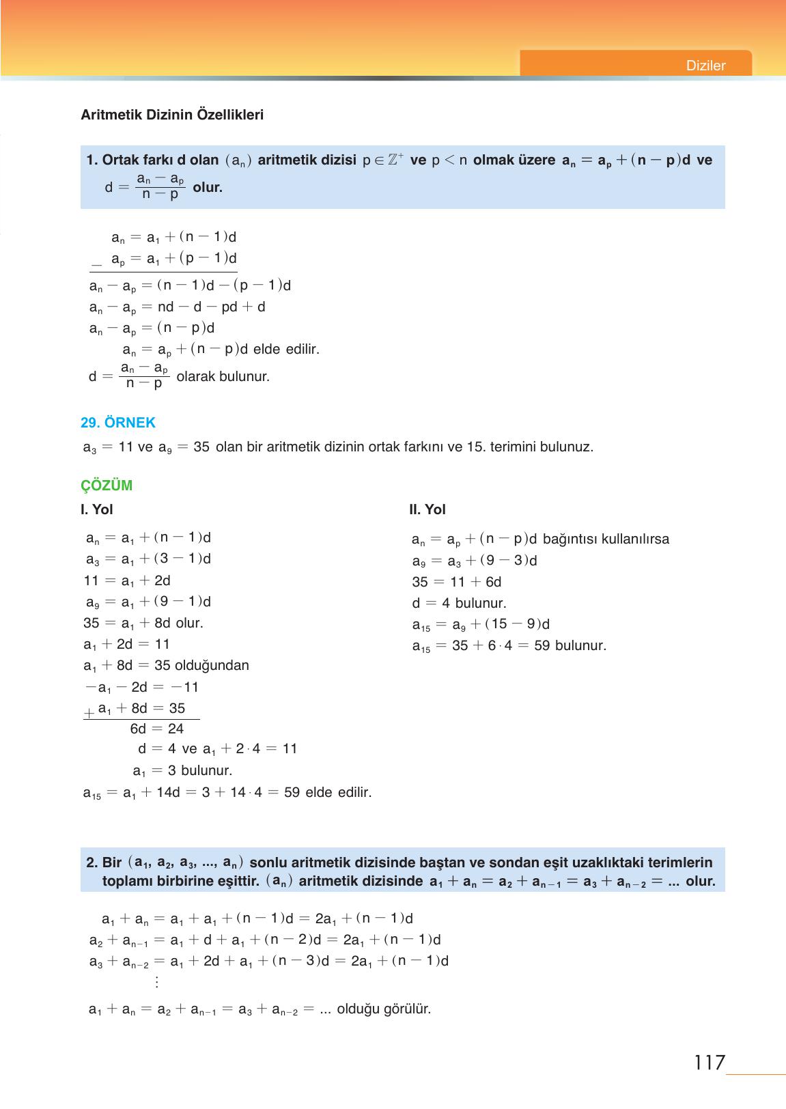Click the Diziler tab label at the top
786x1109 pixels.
coord(705,66)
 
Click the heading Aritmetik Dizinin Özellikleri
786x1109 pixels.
coord(172,115)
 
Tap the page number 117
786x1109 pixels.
coord(709,1063)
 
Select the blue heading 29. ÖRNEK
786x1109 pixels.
coord(118,423)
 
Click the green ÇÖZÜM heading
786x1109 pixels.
coord(107,486)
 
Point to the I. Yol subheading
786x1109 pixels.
coord(97,509)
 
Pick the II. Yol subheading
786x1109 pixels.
coord(427,509)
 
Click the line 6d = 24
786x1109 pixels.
coord(157,729)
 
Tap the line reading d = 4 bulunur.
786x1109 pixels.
coord(459,603)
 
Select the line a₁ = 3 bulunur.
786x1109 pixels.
coord(182,771)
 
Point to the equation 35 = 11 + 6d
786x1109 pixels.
coord(457,582)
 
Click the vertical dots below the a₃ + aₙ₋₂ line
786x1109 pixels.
coord(157,982)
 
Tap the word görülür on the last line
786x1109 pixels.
coord(408,1009)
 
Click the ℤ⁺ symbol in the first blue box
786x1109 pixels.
coord(395,160)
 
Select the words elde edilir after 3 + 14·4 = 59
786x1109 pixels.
coord(339,793)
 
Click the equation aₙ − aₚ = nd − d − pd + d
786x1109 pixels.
coord(178,307)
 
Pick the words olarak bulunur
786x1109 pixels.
coord(223,376)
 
